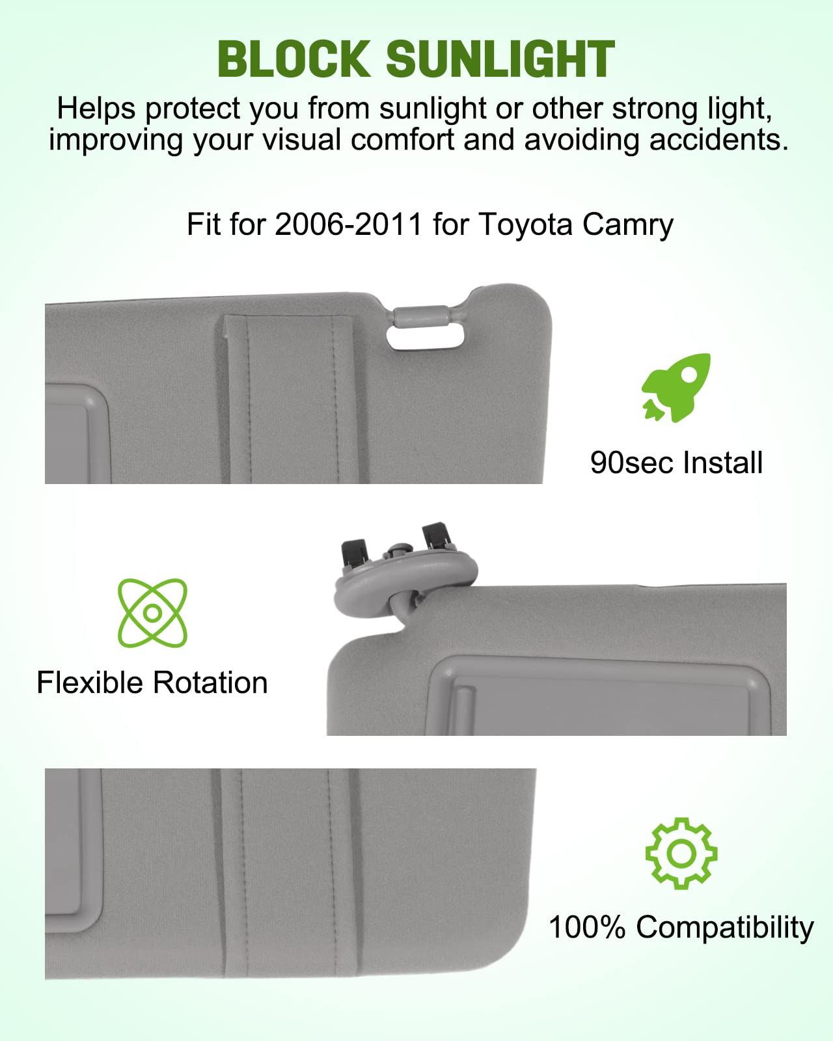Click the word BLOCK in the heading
pyautogui.click(x=294, y=59)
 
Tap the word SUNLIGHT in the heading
pyautogui.click(x=500, y=59)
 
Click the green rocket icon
pyautogui.click(x=676, y=388)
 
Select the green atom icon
pyautogui.click(x=152, y=612)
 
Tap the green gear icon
pyautogui.click(x=681, y=853)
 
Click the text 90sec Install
pyautogui.click(x=676, y=463)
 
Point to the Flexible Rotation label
pyautogui.click(x=152, y=683)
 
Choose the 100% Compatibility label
pyautogui.click(x=681, y=927)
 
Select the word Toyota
pyautogui.click(x=526, y=224)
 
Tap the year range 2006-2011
pyautogui.click(x=349, y=224)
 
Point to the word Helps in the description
pyautogui.click(x=96, y=109)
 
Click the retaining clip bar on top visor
pyautogui.click(x=422, y=315)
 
